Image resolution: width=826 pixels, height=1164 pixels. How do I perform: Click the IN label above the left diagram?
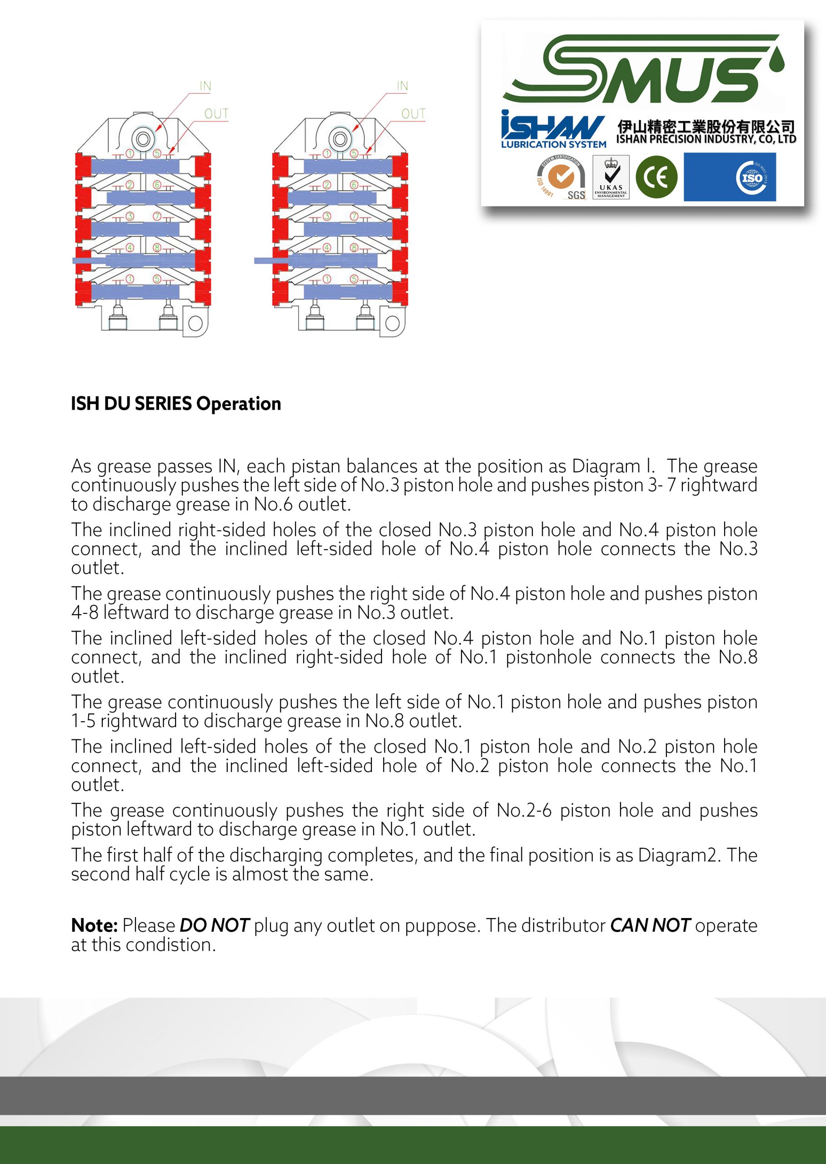click(x=205, y=86)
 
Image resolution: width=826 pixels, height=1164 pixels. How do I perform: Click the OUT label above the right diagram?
click(x=413, y=114)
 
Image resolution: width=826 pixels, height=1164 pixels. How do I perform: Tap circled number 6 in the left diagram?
click(x=157, y=185)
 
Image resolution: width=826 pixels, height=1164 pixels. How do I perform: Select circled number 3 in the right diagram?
click(x=327, y=216)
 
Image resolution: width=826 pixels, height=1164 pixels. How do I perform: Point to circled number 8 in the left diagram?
click(x=157, y=248)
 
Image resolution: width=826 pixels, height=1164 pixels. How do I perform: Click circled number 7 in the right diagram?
click(x=354, y=216)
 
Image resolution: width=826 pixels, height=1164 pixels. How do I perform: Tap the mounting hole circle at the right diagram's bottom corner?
click(x=392, y=324)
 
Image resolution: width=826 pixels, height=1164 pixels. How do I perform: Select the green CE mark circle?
click(x=656, y=177)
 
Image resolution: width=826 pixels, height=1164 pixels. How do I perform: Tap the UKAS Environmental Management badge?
click(x=611, y=177)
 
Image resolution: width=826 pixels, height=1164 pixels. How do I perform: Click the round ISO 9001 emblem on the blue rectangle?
click(x=752, y=177)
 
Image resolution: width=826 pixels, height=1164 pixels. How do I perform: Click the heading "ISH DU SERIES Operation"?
click(x=176, y=404)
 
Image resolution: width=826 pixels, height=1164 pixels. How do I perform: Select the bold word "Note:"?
click(x=94, y=925)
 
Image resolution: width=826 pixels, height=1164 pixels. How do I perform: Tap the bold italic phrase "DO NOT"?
click(x=214, y=925)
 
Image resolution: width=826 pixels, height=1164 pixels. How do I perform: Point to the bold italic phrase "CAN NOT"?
click(x=650, y=925)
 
